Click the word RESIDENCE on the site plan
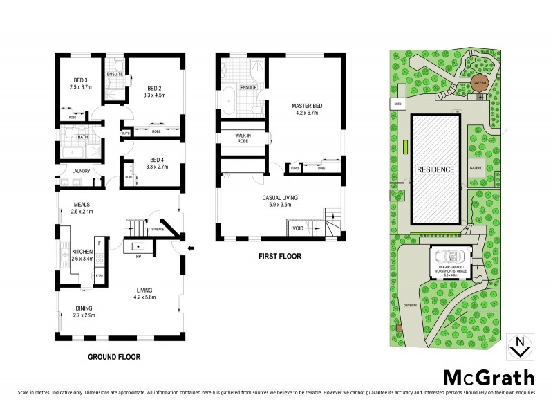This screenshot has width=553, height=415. tap(435, 169)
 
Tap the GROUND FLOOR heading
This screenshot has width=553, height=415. tap(114, 358)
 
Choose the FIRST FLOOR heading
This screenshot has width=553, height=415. tap(280, 255)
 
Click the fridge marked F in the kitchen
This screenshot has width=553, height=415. tap(100, 243)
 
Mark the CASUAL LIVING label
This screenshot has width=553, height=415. tap(280, 198)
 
